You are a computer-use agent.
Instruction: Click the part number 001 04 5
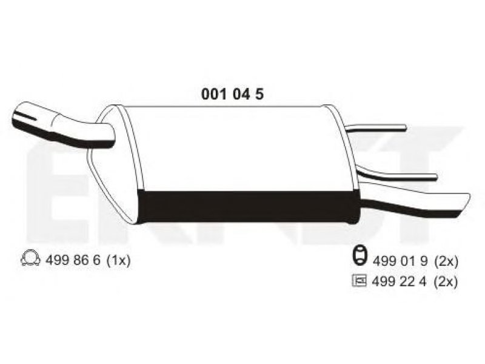click(233, 94)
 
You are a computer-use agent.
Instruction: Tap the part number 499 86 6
click(73, 260)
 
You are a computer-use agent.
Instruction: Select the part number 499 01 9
click(400, 261)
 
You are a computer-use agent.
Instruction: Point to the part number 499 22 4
click(400, 281)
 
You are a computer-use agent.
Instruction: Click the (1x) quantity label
click(118, 260)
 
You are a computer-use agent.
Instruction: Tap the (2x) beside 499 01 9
click(446, 262)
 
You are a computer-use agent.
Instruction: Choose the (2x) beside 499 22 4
click(446, 282)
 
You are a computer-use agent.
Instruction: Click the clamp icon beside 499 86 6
click(30, 259)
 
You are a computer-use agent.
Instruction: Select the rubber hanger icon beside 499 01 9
click(360, 255)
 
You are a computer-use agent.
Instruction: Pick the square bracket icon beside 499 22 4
click(360, 281)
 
